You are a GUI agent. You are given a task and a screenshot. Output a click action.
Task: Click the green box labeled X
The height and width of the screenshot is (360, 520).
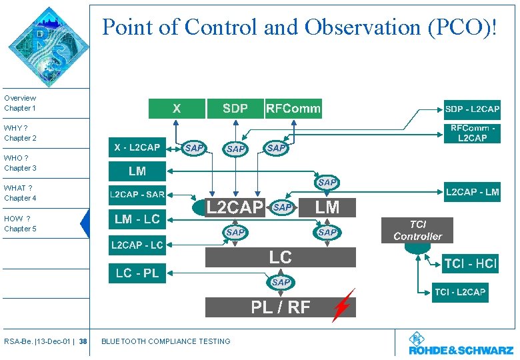tap(176, 109)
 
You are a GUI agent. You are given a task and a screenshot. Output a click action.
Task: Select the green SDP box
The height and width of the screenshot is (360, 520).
tap(235, 109)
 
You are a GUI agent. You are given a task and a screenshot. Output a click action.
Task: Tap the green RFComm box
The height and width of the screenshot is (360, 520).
tap(293, 109)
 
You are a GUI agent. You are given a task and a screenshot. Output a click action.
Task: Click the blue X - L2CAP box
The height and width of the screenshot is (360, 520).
tap(137, 147)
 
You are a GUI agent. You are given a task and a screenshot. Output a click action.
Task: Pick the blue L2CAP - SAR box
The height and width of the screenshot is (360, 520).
tap(137, 195)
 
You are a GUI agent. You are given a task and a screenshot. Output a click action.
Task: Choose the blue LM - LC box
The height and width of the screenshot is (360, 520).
tap(137, 219)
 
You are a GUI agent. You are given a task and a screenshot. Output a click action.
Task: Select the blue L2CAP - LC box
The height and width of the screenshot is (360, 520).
tap(137, 245)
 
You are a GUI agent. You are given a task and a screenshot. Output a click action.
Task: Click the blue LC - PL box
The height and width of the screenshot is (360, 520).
tap(137, 273)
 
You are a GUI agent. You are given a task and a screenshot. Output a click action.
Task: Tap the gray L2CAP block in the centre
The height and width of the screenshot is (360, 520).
tap(233, 208)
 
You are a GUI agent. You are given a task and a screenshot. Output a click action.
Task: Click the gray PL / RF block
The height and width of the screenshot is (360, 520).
tap(280, 307)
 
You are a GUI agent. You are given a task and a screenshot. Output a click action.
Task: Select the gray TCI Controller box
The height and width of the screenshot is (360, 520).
tap(417, 231)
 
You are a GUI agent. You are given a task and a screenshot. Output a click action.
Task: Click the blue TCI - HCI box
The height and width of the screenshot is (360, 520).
tap(470, 264)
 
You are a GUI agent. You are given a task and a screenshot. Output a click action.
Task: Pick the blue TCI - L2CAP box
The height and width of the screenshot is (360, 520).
tap(460, 293)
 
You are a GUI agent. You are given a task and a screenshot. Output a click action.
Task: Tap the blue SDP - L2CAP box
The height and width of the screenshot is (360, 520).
tap(472, 109)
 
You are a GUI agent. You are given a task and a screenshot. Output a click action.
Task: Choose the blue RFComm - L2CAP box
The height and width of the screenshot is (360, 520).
tap(472, 133)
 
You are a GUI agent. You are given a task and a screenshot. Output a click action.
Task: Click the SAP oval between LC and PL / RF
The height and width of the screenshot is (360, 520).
tap(281, 283)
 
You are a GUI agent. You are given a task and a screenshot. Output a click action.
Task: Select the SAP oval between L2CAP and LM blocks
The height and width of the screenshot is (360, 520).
tap(283, 208)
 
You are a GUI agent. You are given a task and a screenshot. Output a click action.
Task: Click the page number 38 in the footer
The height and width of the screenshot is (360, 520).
tap(83, 342)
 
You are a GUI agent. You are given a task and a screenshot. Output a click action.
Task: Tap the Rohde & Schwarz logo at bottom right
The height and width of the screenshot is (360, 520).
tap(460, 345)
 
